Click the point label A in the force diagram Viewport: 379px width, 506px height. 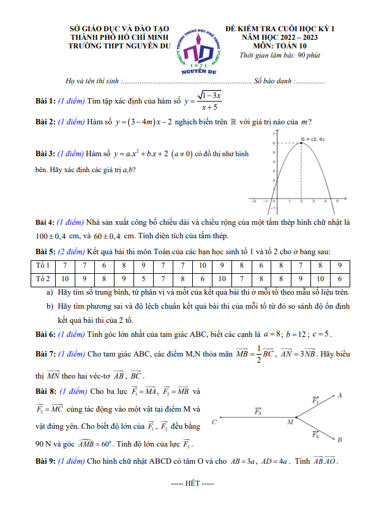click(x=339, y=396)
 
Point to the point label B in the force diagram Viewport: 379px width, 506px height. click(x=340, y=439)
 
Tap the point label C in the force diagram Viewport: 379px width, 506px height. click(x=214, y=422)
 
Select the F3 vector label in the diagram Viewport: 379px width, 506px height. click(x=257, y=412)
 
